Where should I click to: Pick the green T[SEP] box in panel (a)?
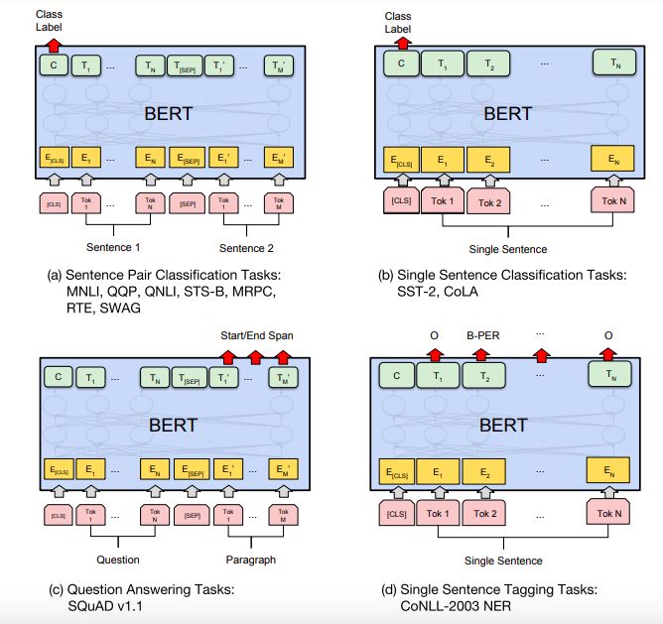coord(187,66)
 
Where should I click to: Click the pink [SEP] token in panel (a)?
coord(187,203)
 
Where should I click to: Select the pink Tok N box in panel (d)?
coord(608,514)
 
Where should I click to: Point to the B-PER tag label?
coord(483,334)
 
